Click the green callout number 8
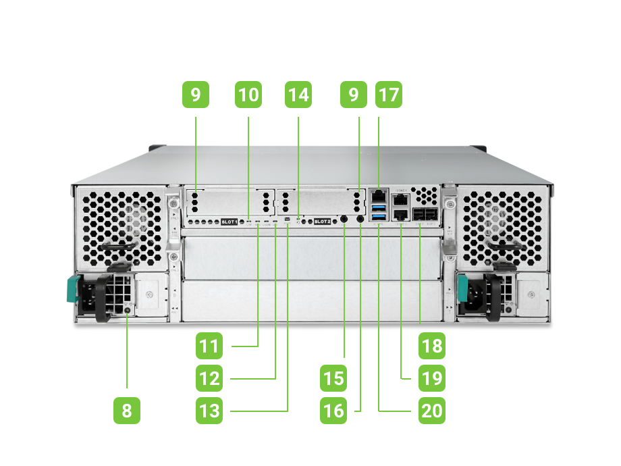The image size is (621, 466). (x=128, y=411)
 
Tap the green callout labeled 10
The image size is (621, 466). (x=248, y=95)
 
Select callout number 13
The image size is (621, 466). (x=210, y=411)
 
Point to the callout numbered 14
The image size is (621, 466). (x=298, y=95)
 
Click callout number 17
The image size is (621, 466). (x=388, y=95)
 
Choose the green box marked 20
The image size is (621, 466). (x=431, y=411)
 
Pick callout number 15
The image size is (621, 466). (x=333, y=378)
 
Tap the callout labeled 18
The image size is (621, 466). (x=431, y=346)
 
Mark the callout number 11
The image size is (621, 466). (x=210, y=346)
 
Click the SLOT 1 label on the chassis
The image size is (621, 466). (x=230, y=222)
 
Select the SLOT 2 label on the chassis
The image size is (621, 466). (x=323, y=222)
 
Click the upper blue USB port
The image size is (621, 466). (x=377, y=205)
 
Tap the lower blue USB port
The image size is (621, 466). (x=377, y=216)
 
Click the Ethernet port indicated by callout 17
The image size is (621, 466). (x=377, y=193)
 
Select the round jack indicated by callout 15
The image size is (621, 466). (x=345, y=219)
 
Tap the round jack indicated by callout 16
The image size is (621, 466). (x=360, y=219)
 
